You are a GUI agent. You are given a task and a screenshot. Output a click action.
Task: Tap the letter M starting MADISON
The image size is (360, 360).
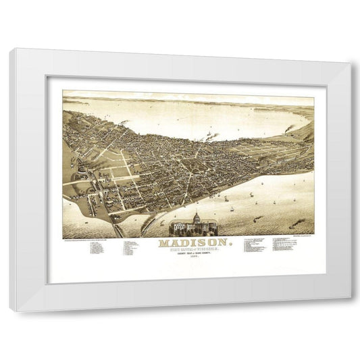point(163,242)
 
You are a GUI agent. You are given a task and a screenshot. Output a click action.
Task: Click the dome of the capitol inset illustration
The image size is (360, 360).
point(197,218)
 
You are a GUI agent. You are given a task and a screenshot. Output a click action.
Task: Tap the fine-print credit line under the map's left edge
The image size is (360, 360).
point(95,238)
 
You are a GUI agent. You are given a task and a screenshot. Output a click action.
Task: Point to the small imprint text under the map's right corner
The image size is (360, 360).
point(301,238)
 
